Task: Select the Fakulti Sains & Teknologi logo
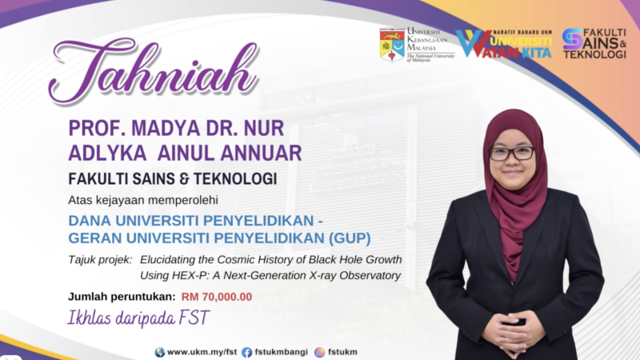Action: tap(594, 44)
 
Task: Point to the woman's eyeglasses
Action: tap(510, 153)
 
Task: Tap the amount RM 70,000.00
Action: tap(217, 297)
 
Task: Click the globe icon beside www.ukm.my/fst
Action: tap(160, 352)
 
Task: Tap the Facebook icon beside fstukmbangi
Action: tap(246, 352)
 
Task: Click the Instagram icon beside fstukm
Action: tap(319, 352)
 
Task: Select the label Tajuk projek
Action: tap(101, 260)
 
